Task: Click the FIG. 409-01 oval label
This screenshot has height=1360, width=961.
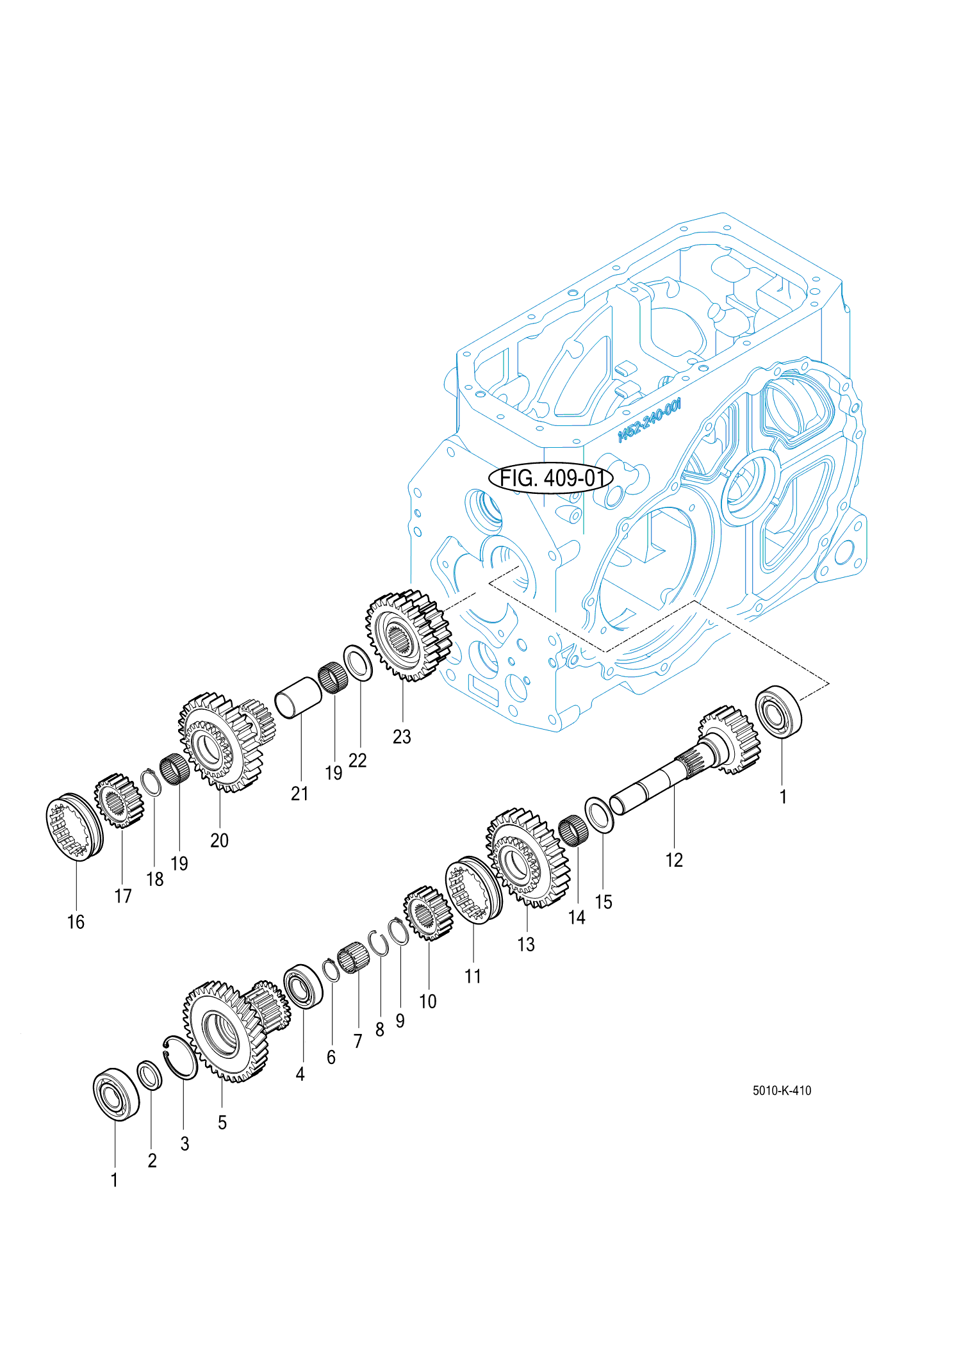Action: click(x=550, y=478)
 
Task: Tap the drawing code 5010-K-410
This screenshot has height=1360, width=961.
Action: click(x=782, y=1090)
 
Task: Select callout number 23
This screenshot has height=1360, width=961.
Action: click(x=402, y=737)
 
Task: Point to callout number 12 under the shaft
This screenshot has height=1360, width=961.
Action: click(x=674, y=860)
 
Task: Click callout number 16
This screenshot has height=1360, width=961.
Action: click(x=76, y=922)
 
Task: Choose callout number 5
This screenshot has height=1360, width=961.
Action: click(x=222, y=1122)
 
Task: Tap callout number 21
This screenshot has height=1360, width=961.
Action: click(x=299, y=794)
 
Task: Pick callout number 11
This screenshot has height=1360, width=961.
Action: click(x=473, y=976)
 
